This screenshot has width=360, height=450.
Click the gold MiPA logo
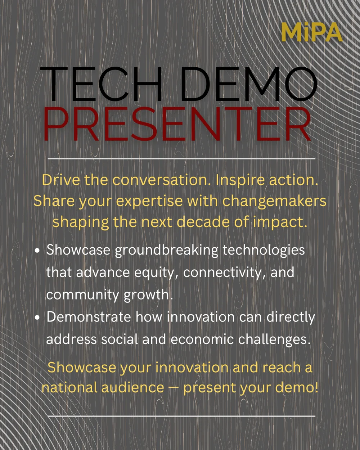(312, 32)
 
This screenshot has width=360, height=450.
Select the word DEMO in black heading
(249, 84)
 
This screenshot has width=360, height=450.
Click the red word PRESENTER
(177, 124)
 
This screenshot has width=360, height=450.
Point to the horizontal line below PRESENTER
(181, 159)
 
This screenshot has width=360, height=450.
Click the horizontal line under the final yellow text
(181, 416)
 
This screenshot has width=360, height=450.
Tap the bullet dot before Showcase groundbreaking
(37, 251)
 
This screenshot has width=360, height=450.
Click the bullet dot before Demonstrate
(37, 318)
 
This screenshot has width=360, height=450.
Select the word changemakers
(274, 201)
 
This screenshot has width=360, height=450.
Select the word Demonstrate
(89, 317)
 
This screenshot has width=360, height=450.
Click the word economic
(202, 339)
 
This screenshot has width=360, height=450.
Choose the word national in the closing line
(69, 387)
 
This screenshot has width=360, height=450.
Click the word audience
(133, 387)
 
